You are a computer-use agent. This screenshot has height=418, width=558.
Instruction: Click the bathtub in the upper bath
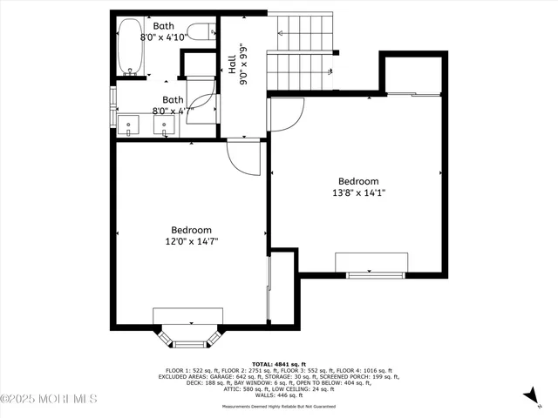click(132, 47)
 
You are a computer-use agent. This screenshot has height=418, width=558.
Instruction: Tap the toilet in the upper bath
click(200, 33)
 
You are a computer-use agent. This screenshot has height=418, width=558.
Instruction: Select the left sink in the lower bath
click(129, 126)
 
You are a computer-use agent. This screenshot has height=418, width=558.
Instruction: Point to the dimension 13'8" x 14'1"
click(357, 192)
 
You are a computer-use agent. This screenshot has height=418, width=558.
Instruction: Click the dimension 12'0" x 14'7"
click(191, 241)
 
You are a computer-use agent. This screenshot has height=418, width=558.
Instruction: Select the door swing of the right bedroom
click(284, 113)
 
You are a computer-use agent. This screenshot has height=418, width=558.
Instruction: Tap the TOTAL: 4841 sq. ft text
click(278, 363)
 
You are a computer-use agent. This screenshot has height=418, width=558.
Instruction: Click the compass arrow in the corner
click(528, 397)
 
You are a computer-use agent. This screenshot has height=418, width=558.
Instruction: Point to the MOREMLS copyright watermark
click(49, 399)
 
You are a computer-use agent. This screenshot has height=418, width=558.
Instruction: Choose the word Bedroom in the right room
click(358, 181)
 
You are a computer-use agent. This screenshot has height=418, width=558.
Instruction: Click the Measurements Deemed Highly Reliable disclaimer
click(278, 406)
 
